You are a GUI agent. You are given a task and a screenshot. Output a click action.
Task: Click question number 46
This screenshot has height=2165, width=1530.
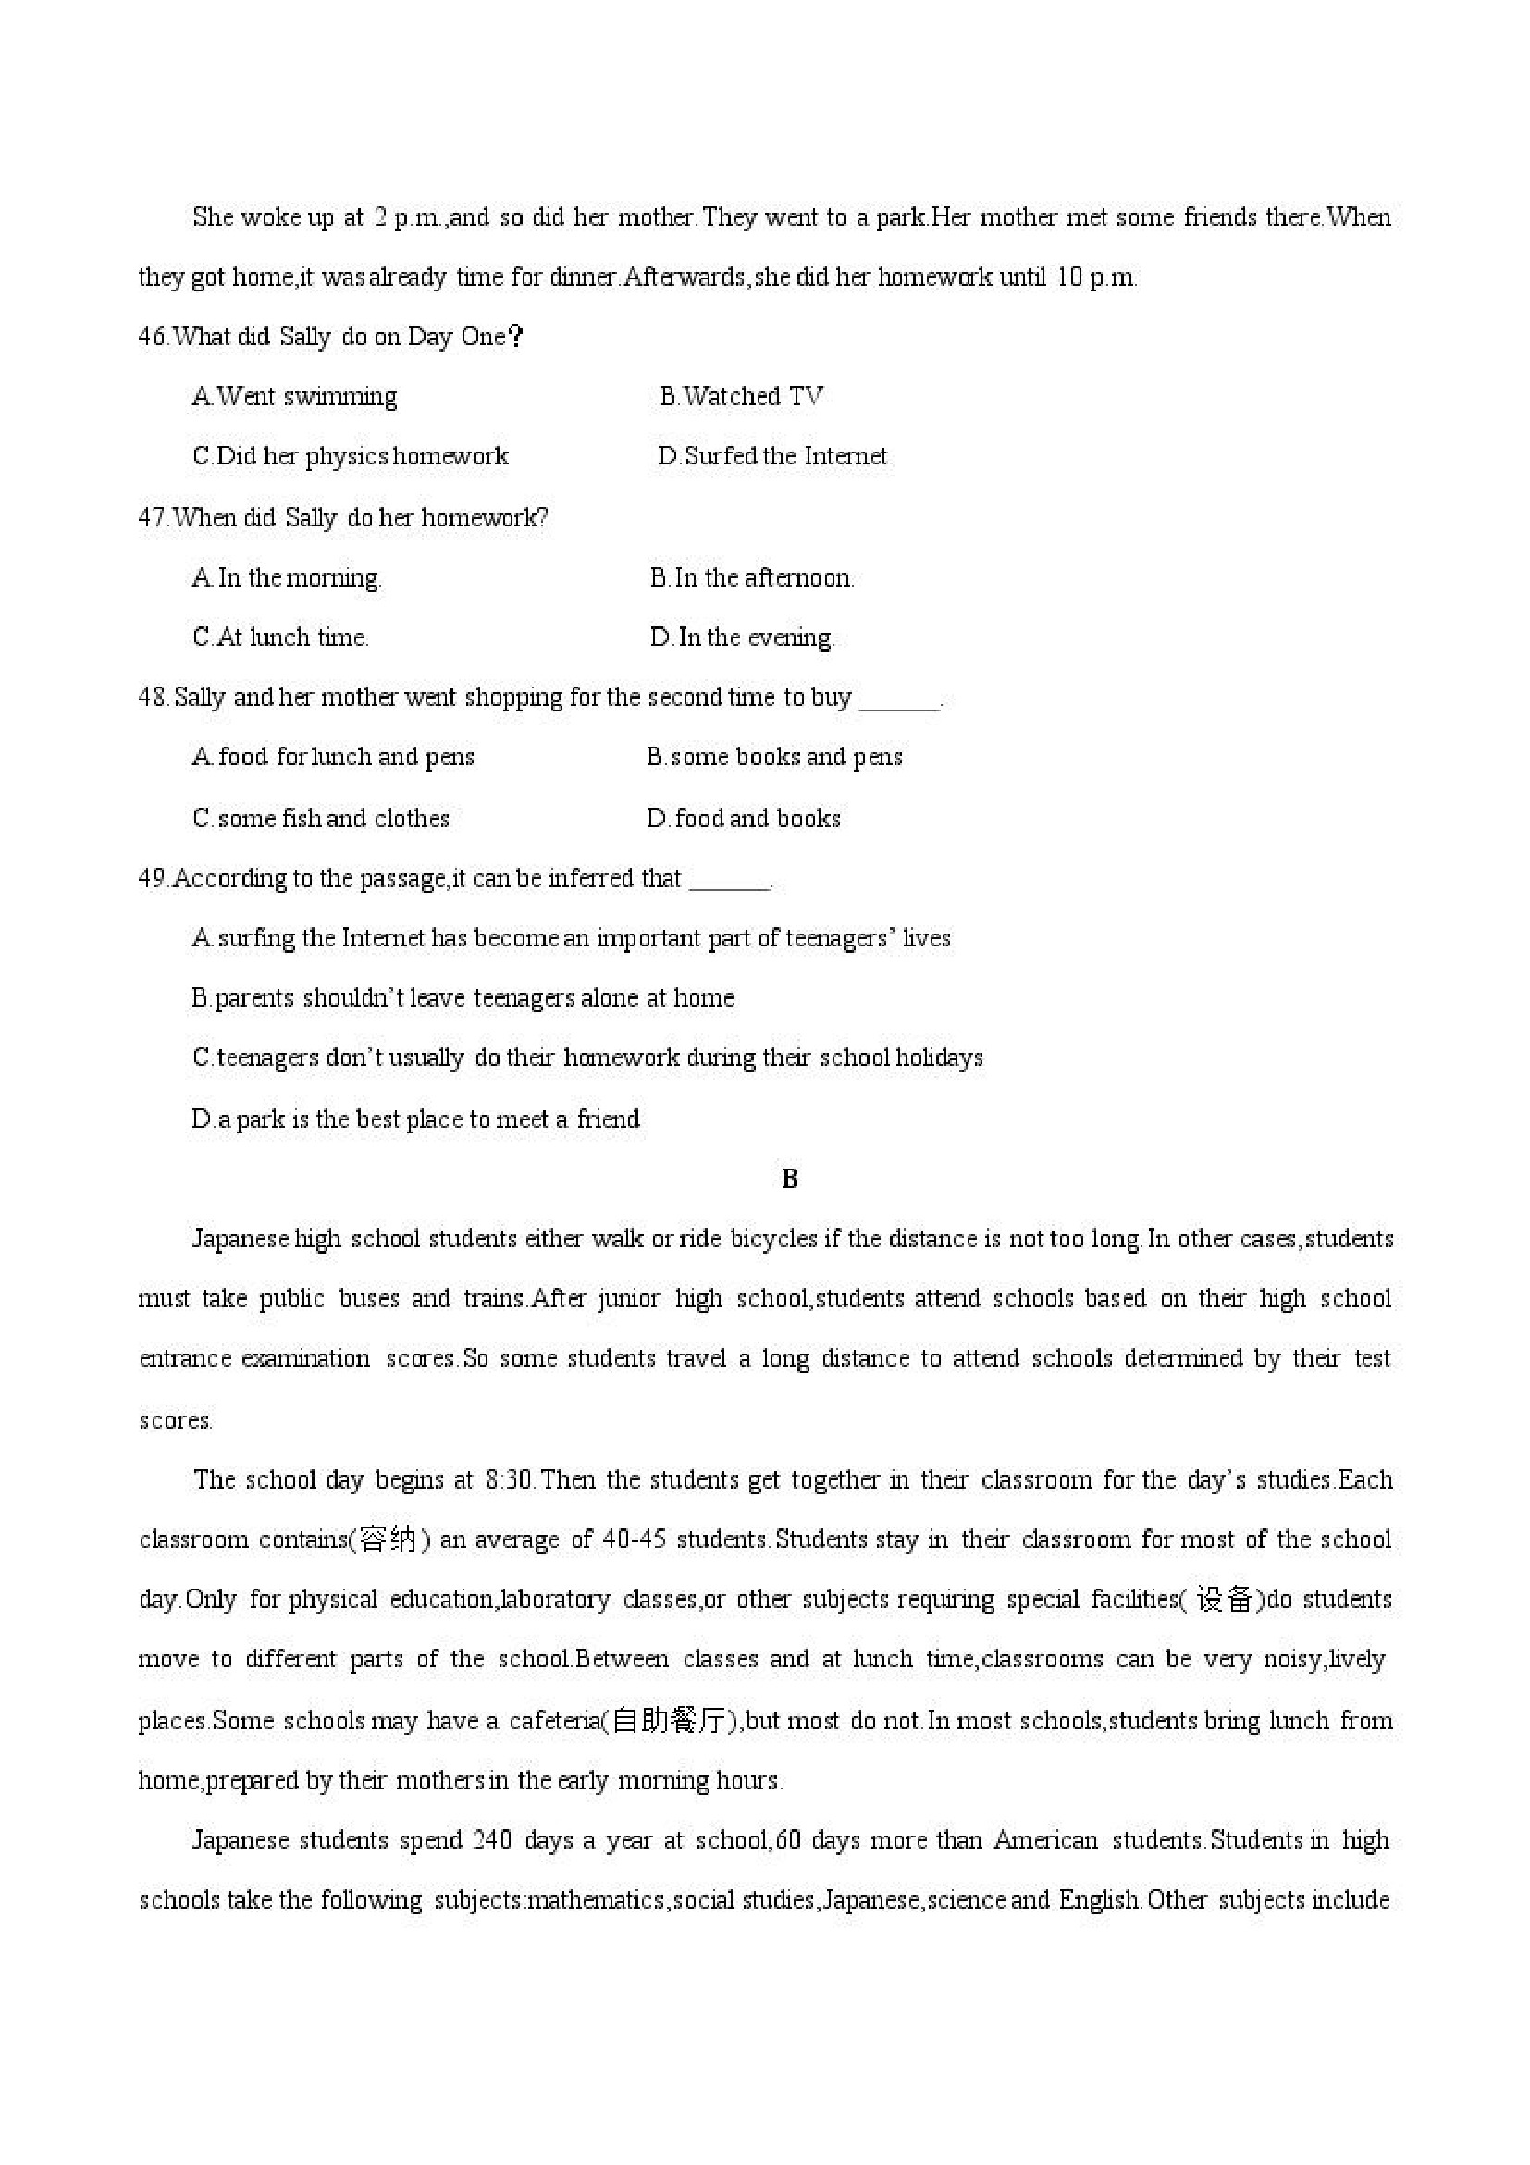point(153,337)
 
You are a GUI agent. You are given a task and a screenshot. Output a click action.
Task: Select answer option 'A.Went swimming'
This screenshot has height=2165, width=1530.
point(294,396)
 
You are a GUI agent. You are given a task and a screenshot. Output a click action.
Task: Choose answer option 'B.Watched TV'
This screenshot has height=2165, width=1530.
point(741,396)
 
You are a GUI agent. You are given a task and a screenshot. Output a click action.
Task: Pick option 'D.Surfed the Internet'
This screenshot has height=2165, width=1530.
point(772,456)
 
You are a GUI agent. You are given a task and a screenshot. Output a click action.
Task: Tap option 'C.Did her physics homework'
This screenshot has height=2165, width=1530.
point(350,456)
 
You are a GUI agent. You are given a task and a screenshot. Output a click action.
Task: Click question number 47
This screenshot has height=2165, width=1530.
point(153,518)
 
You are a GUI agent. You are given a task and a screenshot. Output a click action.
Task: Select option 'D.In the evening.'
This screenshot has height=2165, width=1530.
point(742,637)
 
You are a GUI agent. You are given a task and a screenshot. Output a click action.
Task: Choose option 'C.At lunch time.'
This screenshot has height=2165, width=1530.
point(280,637)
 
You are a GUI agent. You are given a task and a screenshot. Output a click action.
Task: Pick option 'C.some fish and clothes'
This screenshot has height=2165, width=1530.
point(320,818)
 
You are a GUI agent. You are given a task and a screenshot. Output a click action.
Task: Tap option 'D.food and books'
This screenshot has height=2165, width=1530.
point(743,818)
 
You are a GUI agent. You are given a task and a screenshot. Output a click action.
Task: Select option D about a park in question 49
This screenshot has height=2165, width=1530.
point(414,1120)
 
